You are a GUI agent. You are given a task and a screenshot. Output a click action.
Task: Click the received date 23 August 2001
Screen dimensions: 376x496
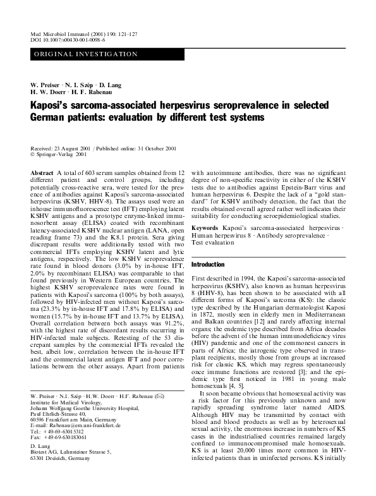(70, 146)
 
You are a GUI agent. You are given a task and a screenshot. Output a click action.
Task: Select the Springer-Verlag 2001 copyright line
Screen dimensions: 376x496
(59, 153)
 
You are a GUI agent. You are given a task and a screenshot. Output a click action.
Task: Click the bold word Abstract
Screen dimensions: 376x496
(42, 172)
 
